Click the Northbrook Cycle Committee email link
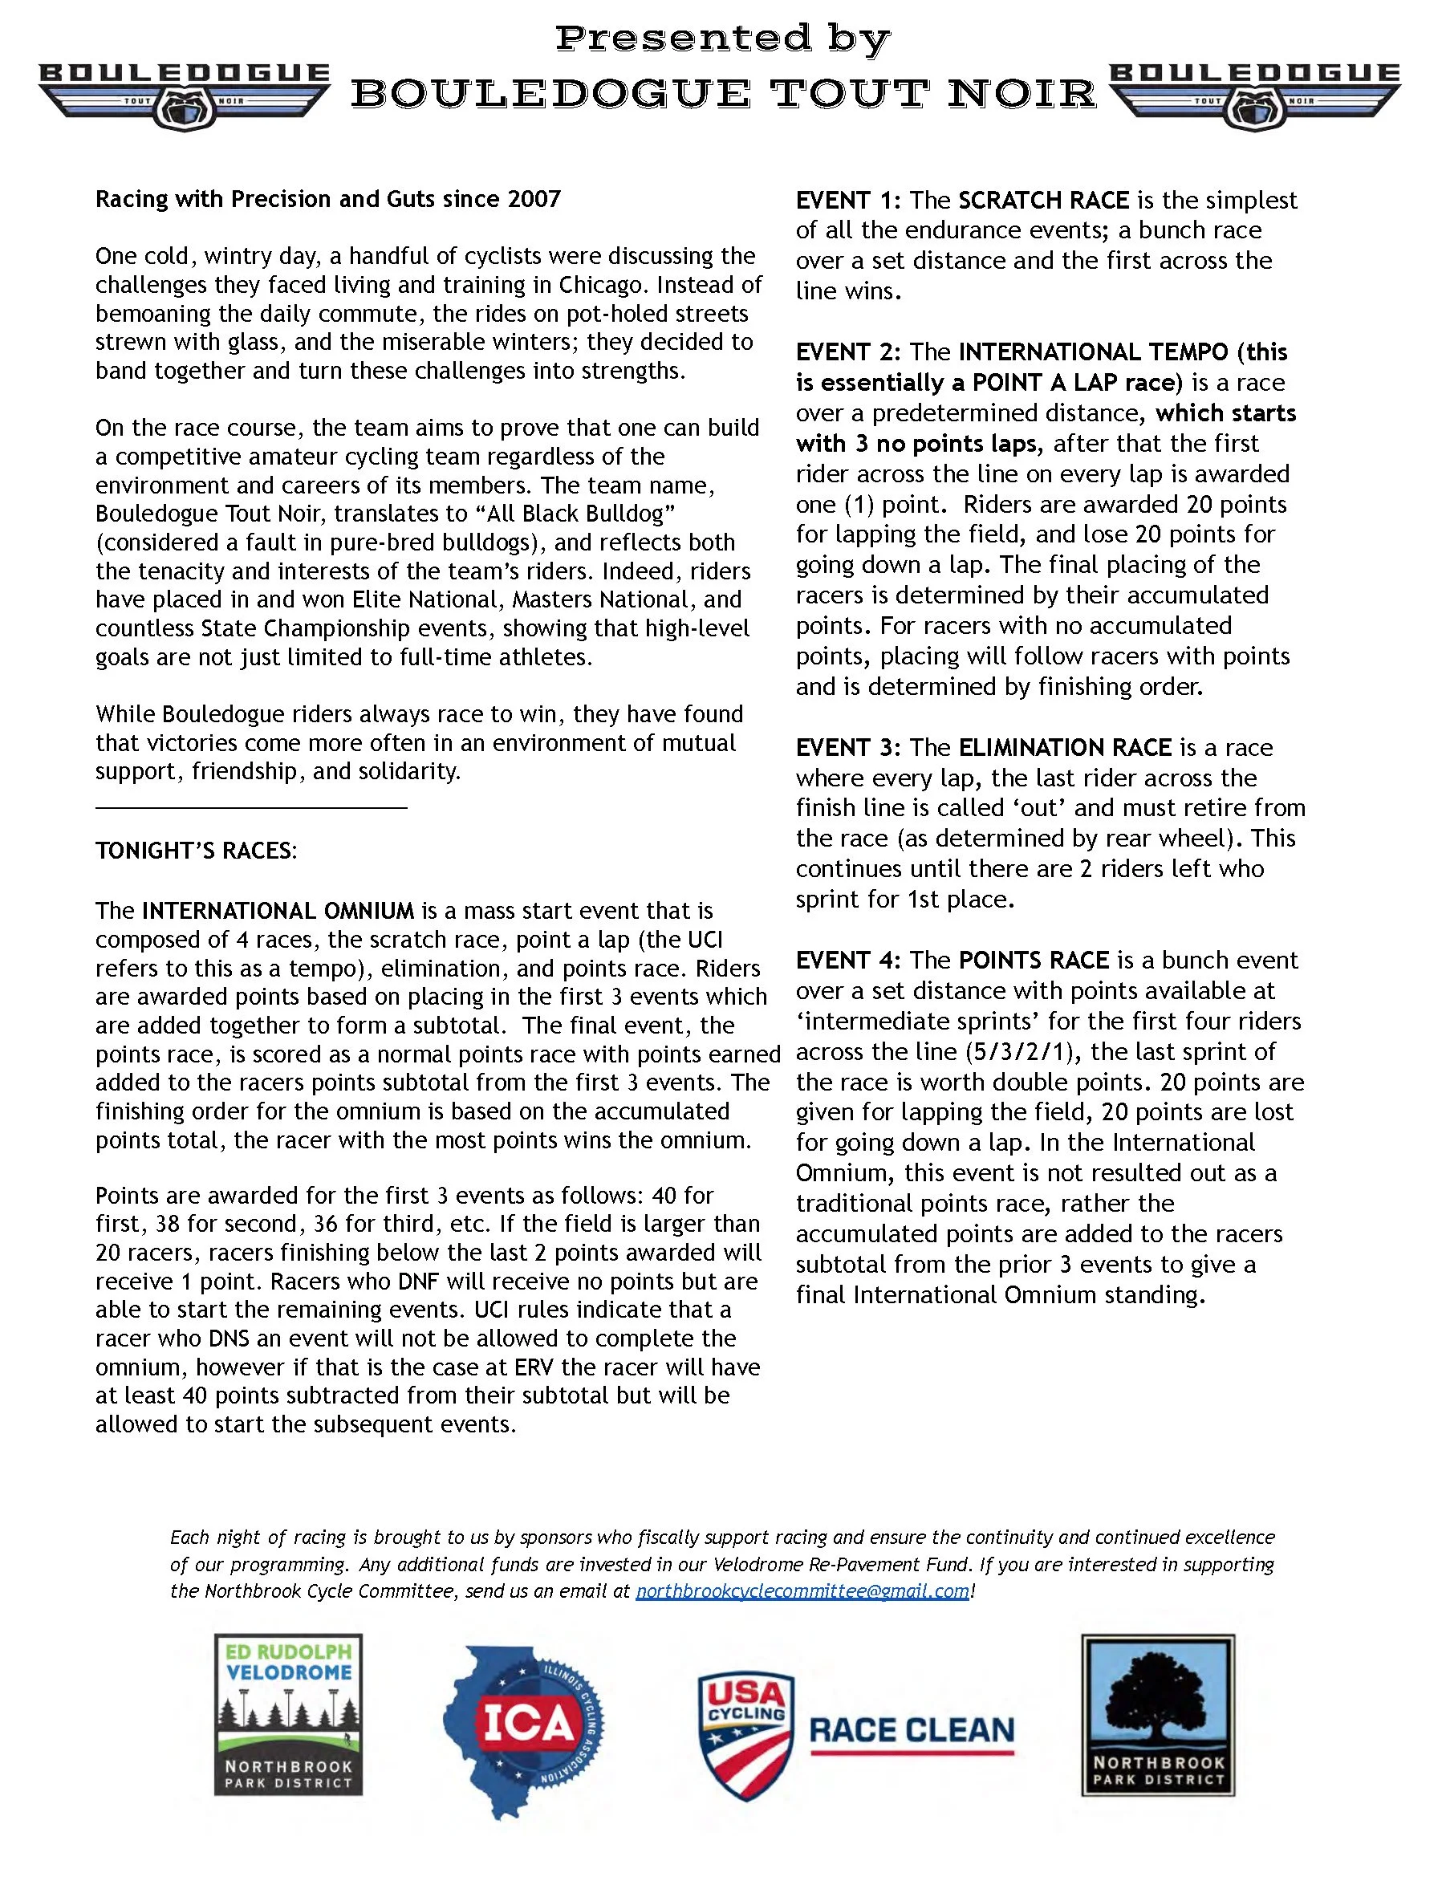pos(802,1591)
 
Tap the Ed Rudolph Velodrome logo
pos(288,1714)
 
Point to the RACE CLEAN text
pos(912,1731)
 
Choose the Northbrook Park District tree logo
pos(1158,1714)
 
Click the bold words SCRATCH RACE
pos(1043,201)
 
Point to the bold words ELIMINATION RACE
pos(1065,747)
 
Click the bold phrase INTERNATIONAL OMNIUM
pos(278,911)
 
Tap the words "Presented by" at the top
pos(723,38)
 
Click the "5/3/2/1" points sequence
pos(1017,1052)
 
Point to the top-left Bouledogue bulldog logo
pos(185,95)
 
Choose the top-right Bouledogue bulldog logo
pos(1255,95)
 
